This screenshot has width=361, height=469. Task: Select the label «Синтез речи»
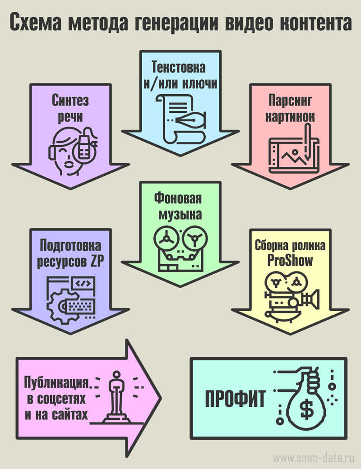point(70,108)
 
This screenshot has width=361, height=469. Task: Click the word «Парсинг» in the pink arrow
point(289,100)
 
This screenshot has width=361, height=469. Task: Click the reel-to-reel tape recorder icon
point(179,248)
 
